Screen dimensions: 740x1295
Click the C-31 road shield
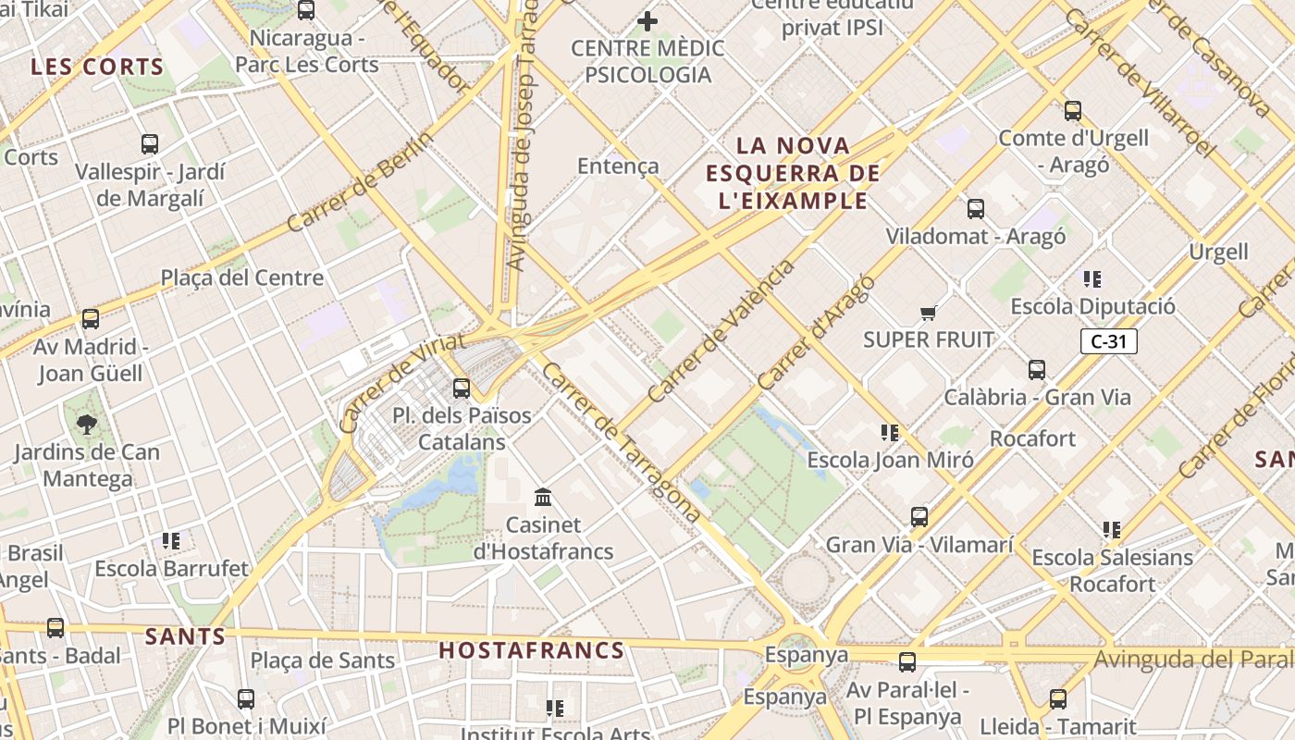tap(1108, 341)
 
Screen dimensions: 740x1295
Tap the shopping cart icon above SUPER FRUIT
tap(929, 313)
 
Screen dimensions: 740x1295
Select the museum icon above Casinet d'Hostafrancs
tap(543, 498)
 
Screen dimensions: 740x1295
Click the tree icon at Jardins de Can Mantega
tap(87, 425)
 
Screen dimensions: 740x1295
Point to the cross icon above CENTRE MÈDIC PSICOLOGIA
tap(647, 20)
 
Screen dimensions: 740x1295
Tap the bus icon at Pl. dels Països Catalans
tap(462, 388)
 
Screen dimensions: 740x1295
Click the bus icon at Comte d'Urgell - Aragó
tap(1073, 111)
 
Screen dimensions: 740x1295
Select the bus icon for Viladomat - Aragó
tap(976, 209)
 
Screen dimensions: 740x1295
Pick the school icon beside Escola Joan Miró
tap(890, 432)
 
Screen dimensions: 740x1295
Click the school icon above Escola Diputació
tap(1092, 278)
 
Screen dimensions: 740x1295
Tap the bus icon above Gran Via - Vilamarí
tap(919, 517)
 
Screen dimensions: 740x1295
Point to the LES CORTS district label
tap(97, 68)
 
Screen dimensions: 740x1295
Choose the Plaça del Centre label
tap(242, 277)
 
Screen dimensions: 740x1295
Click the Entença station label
tap(618, 166)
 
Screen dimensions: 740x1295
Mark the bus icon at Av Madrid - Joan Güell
tap(91, 319)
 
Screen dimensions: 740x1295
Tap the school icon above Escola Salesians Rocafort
tap(1112, 530)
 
